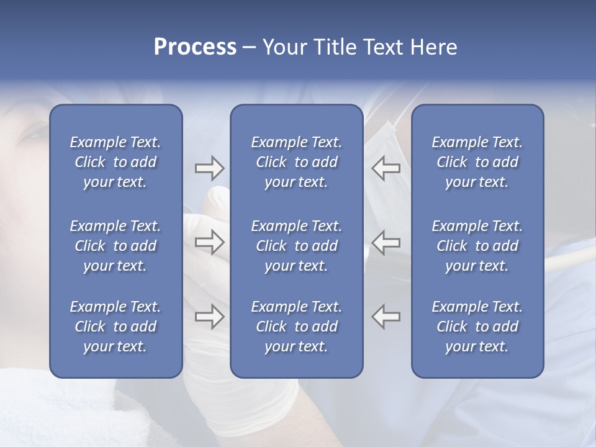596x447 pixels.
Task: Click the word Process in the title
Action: (195, 47)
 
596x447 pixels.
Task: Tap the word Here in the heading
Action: (432, 47)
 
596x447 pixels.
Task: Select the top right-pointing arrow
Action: (209, 168)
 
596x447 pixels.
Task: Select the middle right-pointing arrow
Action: (209, 242)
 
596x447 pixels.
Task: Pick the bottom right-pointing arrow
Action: (209, 317)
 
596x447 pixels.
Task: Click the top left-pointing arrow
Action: (386, 168)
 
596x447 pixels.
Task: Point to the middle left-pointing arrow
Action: (386, 242)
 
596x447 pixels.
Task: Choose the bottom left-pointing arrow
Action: (386, 317)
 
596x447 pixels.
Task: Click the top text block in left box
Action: (115, 162)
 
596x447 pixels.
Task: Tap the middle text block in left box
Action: (115, 246)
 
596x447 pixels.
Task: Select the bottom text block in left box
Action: (115, 327)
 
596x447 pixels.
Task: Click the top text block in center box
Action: (296, 162)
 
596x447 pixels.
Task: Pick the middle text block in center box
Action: (296, 246)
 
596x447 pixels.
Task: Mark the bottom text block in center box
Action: (296, 327)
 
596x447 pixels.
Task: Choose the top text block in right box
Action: (477, 162)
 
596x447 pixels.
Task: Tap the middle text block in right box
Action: (477, 246)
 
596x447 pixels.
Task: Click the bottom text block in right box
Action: (477, 327)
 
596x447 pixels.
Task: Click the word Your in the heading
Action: (283, 47)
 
